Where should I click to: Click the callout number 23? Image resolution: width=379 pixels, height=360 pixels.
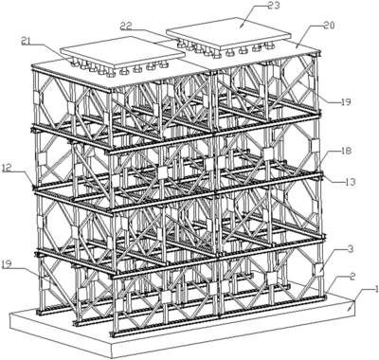click(247, 9)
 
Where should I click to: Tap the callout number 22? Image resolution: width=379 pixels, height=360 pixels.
click(151, 27)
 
